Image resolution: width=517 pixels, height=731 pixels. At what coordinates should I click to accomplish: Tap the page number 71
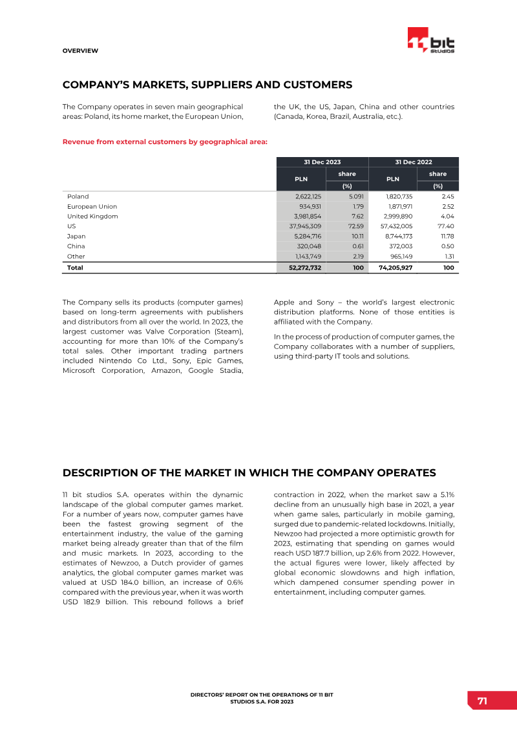point(482,702)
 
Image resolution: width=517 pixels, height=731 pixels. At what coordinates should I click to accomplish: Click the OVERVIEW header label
point(80,50)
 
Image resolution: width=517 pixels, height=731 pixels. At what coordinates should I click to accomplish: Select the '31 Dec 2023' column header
point(322,162)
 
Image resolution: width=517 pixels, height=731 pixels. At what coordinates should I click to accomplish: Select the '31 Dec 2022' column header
point(414,162)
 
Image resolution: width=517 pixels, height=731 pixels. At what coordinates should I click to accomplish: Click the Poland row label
point(78,196)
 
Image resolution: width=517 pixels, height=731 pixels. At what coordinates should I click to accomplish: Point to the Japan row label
point(76,236)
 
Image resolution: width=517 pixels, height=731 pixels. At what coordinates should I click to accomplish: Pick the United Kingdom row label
point(92,217)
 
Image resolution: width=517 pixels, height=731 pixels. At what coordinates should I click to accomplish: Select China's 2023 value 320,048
point(310,246)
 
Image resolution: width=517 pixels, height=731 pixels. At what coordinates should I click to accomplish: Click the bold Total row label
point(75,267)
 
